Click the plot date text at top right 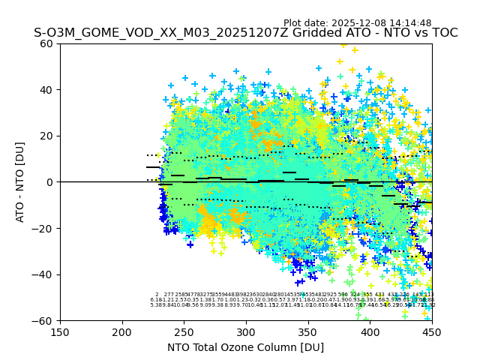point(357,23)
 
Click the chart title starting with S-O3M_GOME point(245,34)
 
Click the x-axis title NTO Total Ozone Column point(245,347)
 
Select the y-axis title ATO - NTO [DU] point(20,181)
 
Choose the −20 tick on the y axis point(45,228)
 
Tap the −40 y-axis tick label point(45,274)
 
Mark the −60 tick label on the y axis point(45,320)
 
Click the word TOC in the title point(443,34)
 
